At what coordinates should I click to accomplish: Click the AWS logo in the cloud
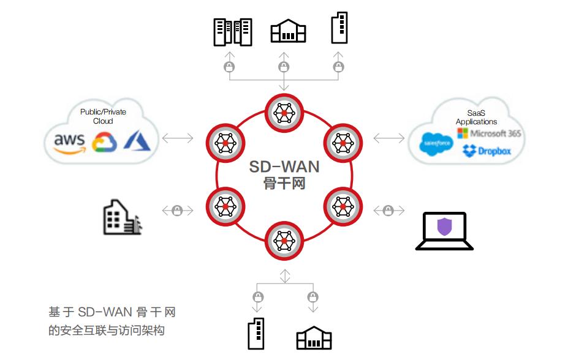pyautogui.click(x=69, y=141)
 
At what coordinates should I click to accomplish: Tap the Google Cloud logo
pyautogui.click(x=104, y=142)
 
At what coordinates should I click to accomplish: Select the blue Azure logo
pyautogui.click(x=137, y=140)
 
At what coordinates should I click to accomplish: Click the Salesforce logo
pyautogui.click(x=436, y=144)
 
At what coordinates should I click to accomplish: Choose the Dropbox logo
pyautogui.click(x=487, y=151)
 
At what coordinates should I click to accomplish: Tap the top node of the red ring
pyautogui.click(x=284, y=111)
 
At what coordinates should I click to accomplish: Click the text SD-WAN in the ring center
pyautogui.click(x=284, y=167)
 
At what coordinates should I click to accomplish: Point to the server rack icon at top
pyautogui.click(x=232, y=31)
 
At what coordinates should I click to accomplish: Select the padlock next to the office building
pyautogui.click(x=178, y=211)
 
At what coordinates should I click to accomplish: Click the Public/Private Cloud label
pyautogui.click(x=102, y=116)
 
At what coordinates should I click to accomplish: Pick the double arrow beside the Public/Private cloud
pyautogui.click(x=178, y=138)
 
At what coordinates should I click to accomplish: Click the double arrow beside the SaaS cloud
pyautogui.click(x=389, y=138)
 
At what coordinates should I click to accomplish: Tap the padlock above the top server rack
pyautogui.click(x=230, y=67)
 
